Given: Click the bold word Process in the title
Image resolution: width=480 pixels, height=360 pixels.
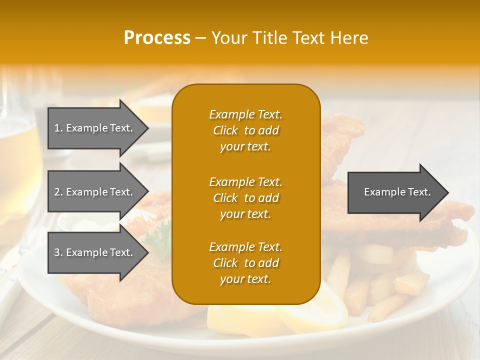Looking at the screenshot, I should coord(157,38).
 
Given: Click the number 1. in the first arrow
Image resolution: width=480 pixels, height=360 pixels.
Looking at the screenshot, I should coord(58,128).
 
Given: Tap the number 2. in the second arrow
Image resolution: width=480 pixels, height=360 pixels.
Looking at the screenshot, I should coord(58,192).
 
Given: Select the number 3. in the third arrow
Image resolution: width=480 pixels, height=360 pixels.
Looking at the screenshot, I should coord(58,252).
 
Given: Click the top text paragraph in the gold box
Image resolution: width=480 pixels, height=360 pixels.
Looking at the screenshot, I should coord(245,130).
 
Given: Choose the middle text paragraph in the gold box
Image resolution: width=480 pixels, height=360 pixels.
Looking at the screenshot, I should coord(245,198).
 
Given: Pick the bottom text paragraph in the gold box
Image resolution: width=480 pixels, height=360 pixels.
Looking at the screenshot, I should coord(245,263).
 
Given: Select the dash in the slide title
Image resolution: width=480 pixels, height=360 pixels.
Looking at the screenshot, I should coord(200,38).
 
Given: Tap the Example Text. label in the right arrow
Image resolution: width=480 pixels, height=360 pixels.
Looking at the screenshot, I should coord(397,192).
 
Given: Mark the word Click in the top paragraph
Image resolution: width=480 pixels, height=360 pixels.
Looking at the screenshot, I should coord(225,130).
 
